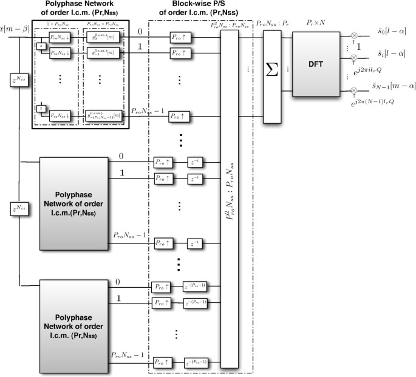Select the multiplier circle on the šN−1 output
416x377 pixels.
point(355,91)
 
